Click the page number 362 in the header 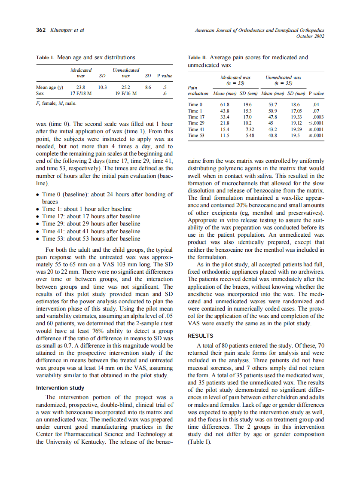click(41, 30)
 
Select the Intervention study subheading click(60, 388)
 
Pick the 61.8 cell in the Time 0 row click(225, 104)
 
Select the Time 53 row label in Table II click(196, 136)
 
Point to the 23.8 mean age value click(80, 87)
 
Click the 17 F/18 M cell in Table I click(81, 93)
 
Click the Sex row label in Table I click(40, 93)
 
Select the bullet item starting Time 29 click(91, 224)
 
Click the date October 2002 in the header click(310, 36)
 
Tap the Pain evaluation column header click(198, 90)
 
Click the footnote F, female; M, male click(56, 104)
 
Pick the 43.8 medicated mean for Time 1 click(225, 111)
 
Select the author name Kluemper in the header click(60, 30)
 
